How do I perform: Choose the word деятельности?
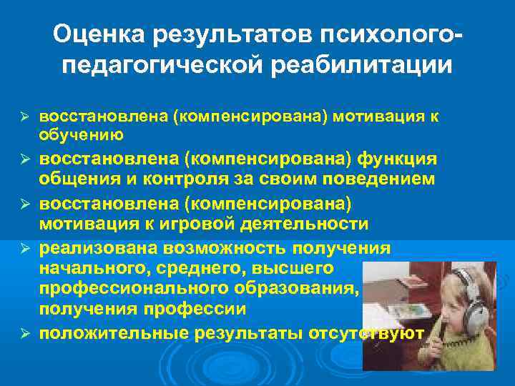[299, 224]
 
